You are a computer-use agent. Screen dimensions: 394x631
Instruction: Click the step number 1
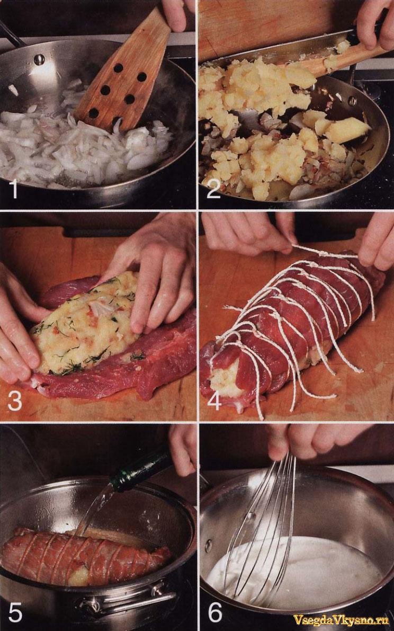[x=14, y=189]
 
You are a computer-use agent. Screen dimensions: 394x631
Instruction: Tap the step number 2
[x=213, y=189]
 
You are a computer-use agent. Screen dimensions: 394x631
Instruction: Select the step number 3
[x=15, y=401]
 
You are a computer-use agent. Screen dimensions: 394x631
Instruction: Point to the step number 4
[x=214, y=401]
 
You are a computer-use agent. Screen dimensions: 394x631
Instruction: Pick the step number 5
[x=15, y=612]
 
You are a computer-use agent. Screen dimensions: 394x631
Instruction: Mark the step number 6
[x=214, y=612]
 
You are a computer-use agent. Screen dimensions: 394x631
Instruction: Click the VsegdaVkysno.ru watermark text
[x=341, y=620]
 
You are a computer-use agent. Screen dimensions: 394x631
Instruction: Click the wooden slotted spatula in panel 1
[x=121, y=76]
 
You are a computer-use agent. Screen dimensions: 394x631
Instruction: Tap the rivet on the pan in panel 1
[x=39, y=59]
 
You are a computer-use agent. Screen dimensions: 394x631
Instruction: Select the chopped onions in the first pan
[x=80, y=145]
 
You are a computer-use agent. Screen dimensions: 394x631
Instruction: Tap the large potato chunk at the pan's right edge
[x=346, y=130]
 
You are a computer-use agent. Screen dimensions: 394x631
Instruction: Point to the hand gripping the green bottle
[x=183, y=449]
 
